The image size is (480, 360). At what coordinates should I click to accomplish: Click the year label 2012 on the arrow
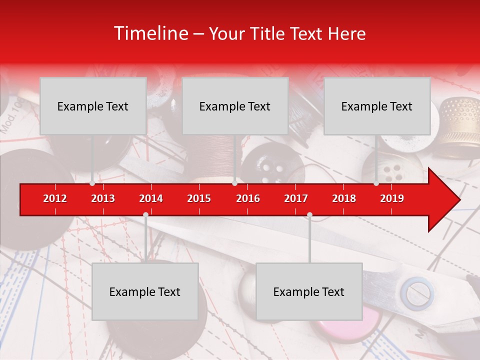tap(55, 198)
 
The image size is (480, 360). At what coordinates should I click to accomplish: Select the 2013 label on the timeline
tap(103, 198)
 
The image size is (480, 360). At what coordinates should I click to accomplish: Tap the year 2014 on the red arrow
tap(151, 198)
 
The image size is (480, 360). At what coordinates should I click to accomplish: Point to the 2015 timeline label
tap(199, 198)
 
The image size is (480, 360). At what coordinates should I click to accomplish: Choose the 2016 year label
tap(248, 198)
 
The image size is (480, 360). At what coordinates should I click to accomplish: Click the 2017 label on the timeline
tap(296, 198)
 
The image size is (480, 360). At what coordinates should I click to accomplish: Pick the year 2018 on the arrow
tap(344, 198)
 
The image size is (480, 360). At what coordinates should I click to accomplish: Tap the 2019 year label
tap(392, 198)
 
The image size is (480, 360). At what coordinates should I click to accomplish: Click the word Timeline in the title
tap(149, 33)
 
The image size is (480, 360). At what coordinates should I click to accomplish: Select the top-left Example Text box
tap(93, 106)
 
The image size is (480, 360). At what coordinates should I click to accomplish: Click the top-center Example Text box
tap(235, 106)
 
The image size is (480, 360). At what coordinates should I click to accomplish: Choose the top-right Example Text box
tap(377, 106)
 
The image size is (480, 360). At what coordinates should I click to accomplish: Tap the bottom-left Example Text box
tap(145, 291)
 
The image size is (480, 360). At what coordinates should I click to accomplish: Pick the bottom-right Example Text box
tap(309, 291)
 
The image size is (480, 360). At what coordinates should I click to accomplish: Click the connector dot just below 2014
tap(145, 214)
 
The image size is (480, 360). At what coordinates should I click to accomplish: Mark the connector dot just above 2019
tap(376, 183)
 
